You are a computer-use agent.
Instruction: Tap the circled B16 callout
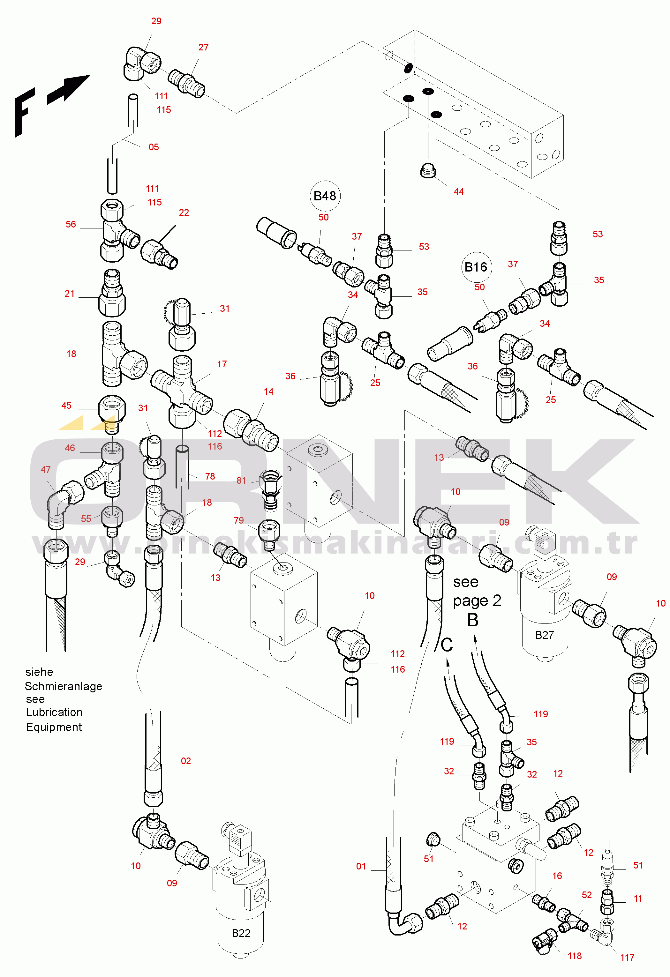tap(476, 267)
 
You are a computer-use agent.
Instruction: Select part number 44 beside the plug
tap(458, 192)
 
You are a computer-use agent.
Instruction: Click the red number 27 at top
tap(204, 48)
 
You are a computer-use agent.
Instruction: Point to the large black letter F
tap(24, 112)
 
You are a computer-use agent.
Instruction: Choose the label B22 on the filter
tap(241, 933)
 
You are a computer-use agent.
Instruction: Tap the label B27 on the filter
tap(544, 635)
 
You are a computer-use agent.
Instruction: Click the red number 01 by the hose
tap(361, 866)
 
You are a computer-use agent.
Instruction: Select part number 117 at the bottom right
tap(627, 957)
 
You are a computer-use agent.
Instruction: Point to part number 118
tap(575, 956)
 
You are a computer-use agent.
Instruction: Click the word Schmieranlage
tap(64, 686)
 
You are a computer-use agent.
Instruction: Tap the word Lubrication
tap(54, 712)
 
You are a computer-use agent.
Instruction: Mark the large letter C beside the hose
tap(447, 645)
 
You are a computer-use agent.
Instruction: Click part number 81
tap(241, 481)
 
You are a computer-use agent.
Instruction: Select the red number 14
tap(268, 392)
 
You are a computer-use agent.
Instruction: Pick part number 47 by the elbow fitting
tap(45, 470)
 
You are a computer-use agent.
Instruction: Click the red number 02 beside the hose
tap(185, 761)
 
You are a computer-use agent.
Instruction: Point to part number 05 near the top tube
tap(154, 147)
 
